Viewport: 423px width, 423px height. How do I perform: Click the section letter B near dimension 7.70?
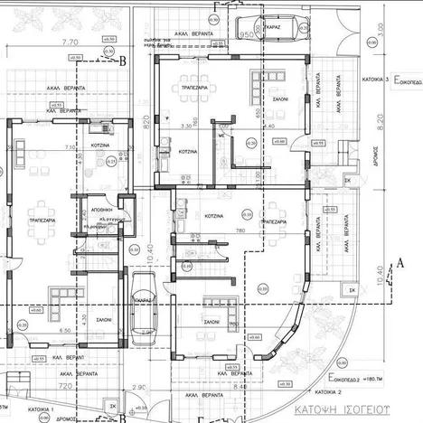coord(123,61)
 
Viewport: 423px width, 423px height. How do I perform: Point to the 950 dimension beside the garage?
coord(244,33)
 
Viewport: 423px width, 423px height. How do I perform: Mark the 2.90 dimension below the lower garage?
coord(138,387)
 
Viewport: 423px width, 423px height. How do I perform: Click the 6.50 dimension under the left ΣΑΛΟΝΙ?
coord(39,332)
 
